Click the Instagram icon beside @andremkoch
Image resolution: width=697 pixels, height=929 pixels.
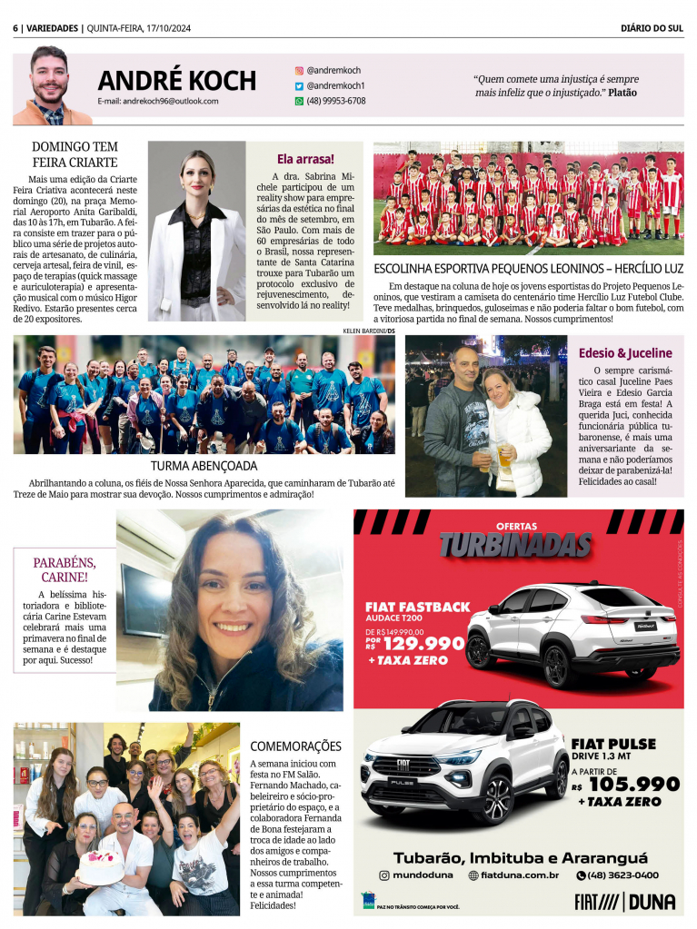click(x=299, y=70)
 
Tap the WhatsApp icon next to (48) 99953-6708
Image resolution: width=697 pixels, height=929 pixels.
click(x=299, y=101)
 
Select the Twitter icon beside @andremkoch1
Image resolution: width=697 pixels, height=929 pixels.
click(x=299, y=85)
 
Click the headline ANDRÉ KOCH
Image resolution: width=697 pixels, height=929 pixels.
click(x=177, y=80)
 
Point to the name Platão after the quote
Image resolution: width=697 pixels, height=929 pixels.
click(x=622, y=93)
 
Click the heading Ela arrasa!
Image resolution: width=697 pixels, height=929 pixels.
click(x=305, y=158)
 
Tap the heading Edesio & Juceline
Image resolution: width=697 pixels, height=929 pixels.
click(x=625, y=352)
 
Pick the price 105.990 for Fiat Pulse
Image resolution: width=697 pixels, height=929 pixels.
click(x=633, y=784)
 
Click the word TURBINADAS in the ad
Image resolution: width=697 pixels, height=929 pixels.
click(x=515, y=545)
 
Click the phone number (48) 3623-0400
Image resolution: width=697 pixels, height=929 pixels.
click(x=623, y=875)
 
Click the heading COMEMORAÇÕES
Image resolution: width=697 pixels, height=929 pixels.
click(x=295, y=746)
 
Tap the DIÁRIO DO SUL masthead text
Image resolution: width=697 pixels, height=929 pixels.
click(x=652, y=27)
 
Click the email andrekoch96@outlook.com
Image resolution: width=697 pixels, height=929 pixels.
click(x=158, y=101)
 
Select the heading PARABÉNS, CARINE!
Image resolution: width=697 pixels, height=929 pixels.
click(x=65, y=569)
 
